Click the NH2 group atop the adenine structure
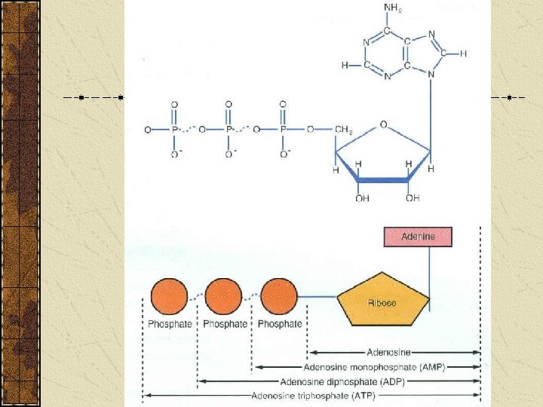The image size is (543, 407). coord(393,8)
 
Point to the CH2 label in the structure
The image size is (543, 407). coord(343,130)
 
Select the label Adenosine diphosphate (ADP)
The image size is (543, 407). coord(342,381)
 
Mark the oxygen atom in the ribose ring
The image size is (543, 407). coord(384,125)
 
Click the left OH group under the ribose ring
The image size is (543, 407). coord(362,198)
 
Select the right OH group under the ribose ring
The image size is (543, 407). coord(412,198)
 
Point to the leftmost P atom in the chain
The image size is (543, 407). coord(174,130)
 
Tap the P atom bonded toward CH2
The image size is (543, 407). coord(284,130)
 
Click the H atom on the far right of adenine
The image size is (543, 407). coord(463,54)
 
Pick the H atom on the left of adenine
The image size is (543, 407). coord(344,66)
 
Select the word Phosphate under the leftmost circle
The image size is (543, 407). coord(170,324)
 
